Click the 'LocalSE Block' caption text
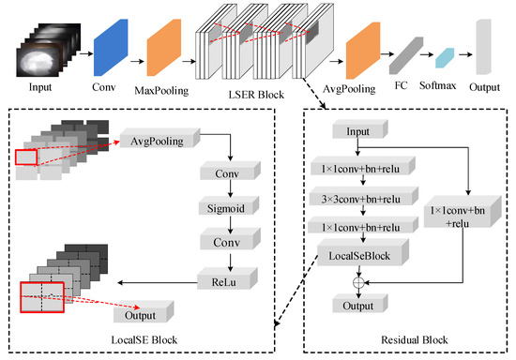(x=146, y=340)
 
